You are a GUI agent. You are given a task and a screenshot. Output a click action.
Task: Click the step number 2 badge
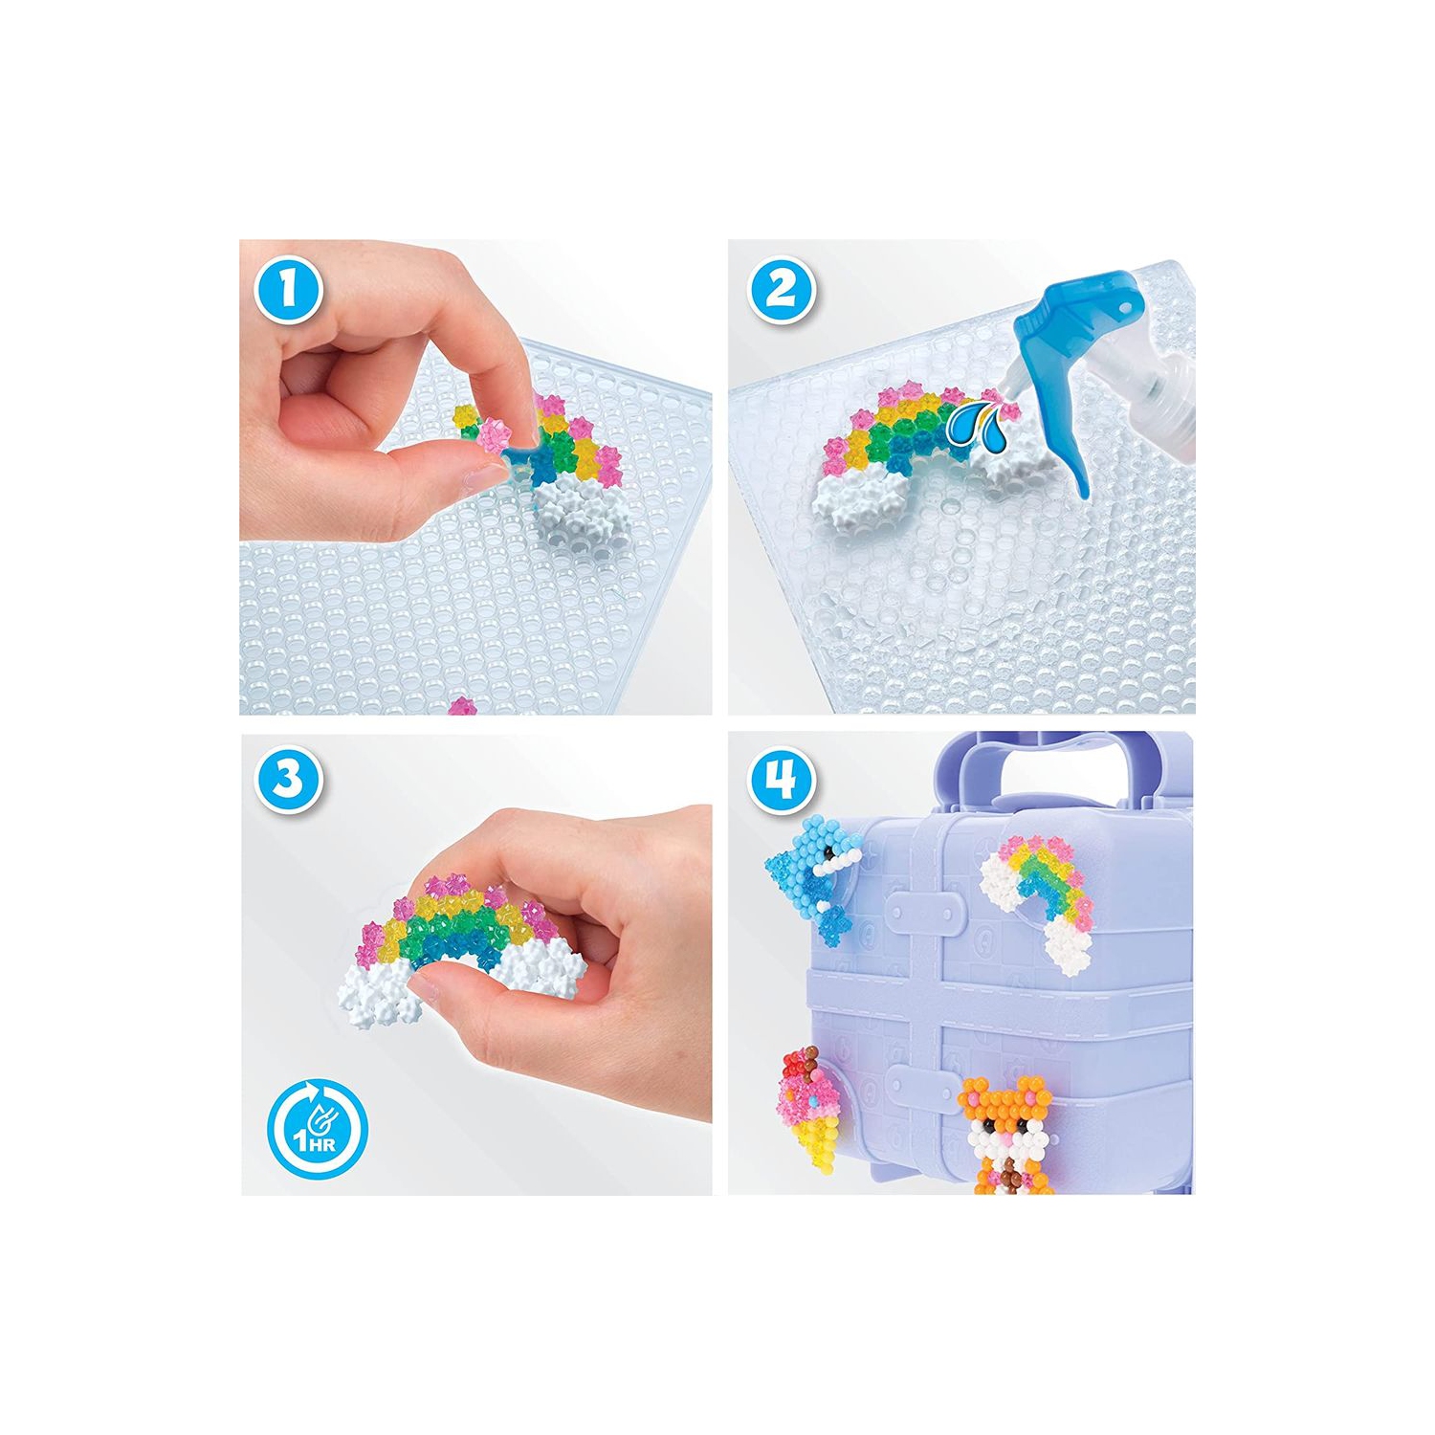point(782,289)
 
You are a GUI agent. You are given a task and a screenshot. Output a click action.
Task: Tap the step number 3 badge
point(287,779)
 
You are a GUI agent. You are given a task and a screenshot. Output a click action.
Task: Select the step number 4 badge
point(782,779)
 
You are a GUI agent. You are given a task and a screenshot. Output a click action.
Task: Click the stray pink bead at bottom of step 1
point(462,707)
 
